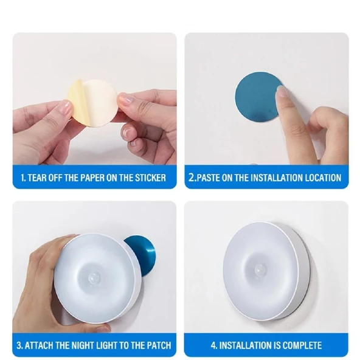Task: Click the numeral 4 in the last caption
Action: pos(213,345)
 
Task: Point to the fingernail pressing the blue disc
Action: pos(281,91)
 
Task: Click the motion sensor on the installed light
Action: pos(261,269)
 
